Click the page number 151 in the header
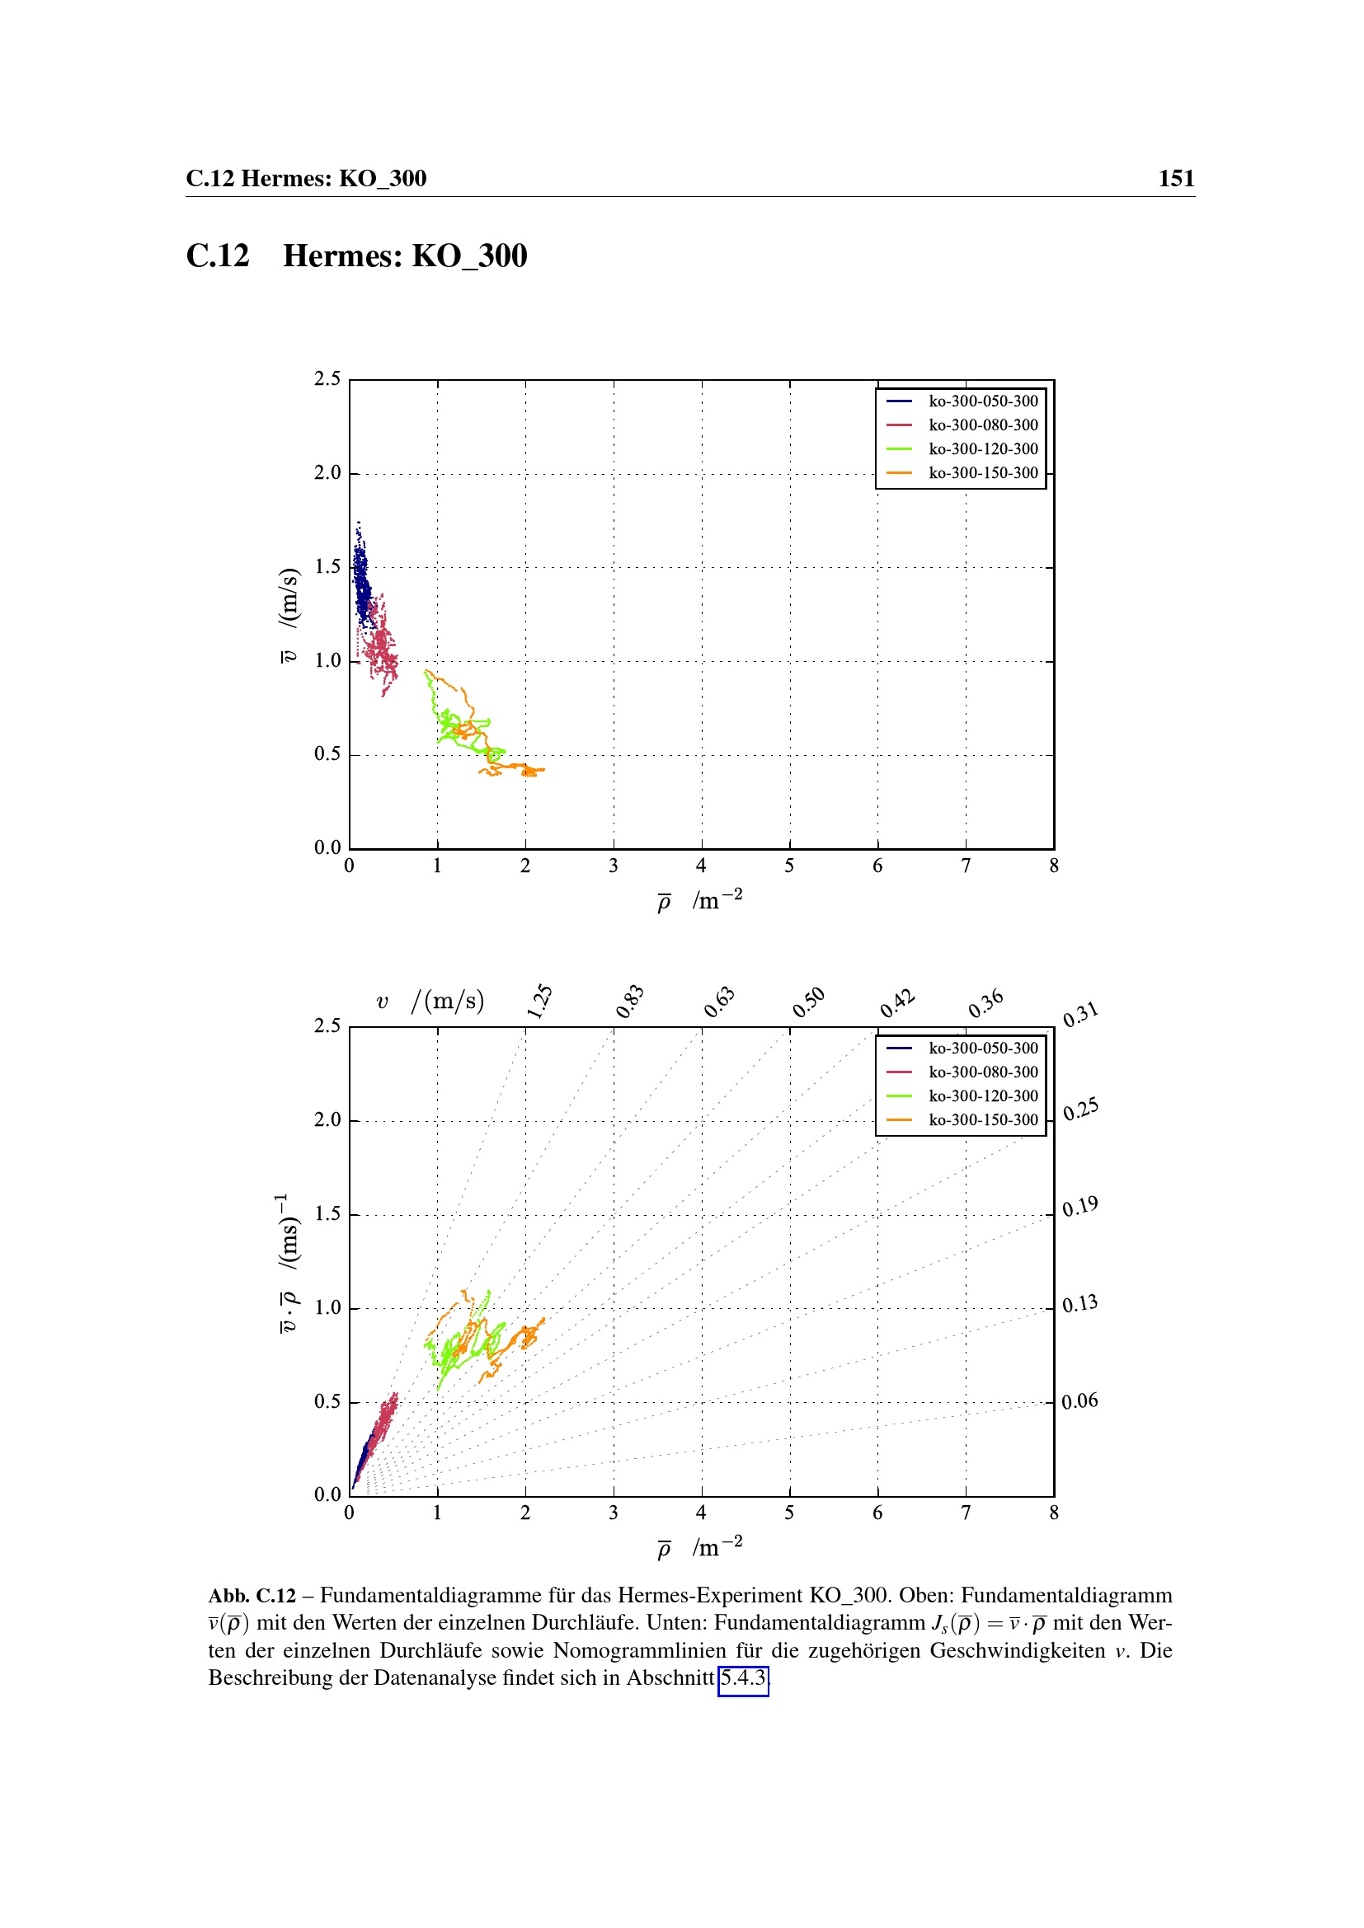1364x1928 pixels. (1176, 178)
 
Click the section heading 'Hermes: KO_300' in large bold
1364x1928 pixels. (405, 256)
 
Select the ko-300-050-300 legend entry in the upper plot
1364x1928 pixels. (983, 401)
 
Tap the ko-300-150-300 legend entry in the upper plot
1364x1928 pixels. (983, 474)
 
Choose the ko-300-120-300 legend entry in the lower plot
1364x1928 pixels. (983, 1095)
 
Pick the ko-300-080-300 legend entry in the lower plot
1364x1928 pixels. (983, 1072)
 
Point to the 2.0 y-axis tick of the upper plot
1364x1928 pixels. (327, 473)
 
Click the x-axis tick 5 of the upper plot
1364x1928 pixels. (789, 865)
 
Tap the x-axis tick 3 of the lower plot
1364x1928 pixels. (613, 1513)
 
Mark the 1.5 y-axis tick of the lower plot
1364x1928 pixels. (327, 1213)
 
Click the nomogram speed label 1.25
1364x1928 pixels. (539, 1001)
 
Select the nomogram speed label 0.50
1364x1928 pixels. (809, 1002)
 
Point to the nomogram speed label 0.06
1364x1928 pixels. (1079, 1400)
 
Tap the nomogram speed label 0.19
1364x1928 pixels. (1079, 1207)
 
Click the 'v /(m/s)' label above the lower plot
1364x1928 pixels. (430, 1001)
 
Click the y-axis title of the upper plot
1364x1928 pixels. (288, 615)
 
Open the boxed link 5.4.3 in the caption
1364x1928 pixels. (743, 1677)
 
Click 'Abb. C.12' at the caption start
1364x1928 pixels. (252, 1596)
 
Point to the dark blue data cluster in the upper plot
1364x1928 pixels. (362, 579)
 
